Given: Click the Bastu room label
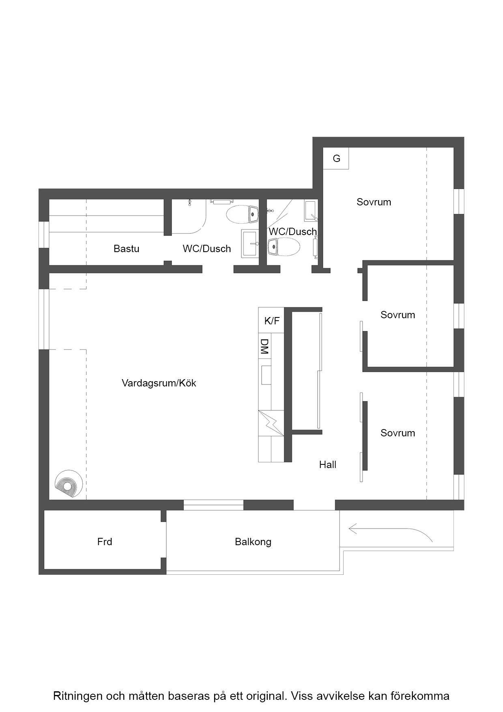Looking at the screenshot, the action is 126,248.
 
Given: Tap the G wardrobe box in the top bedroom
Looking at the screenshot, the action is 336,158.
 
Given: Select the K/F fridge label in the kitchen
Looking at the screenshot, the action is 272,321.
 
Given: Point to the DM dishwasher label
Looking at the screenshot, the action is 264,346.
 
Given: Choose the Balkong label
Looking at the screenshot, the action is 253,542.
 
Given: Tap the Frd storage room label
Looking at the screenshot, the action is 105,542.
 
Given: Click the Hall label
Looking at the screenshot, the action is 328,464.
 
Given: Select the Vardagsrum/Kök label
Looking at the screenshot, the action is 159,383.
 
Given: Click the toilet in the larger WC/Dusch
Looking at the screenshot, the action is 242,214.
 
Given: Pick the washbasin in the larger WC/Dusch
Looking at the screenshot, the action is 250,244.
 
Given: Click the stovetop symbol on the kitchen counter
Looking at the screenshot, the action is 271,423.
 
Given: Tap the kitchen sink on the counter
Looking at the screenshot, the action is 266,375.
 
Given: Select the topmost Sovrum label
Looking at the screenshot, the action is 374,202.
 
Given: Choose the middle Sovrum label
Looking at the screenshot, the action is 398,315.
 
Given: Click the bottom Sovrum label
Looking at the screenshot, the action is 398,433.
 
